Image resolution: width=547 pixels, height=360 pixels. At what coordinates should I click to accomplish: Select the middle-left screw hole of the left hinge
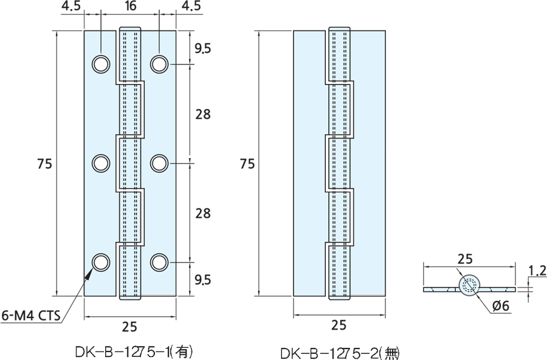100,162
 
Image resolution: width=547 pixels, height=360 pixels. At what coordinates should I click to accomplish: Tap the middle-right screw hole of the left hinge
159,162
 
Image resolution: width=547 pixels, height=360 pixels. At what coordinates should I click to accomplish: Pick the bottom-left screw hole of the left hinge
100,261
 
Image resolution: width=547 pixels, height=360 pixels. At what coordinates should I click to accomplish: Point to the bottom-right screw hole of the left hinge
159,261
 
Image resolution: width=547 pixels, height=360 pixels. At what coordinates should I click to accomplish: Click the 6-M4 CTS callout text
31,315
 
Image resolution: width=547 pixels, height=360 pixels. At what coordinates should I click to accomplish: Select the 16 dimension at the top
129,8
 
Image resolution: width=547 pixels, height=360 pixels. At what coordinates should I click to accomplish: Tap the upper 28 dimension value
202,114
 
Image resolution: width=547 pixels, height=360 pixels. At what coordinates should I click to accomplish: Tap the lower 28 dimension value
202,213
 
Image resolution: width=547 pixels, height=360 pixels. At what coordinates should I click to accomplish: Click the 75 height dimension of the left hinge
44,163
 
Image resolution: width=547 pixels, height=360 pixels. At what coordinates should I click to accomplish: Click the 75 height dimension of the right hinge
247,163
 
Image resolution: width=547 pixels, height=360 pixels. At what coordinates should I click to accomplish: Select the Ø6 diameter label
499,306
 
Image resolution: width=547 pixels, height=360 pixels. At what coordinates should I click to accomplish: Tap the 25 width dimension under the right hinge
339,326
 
